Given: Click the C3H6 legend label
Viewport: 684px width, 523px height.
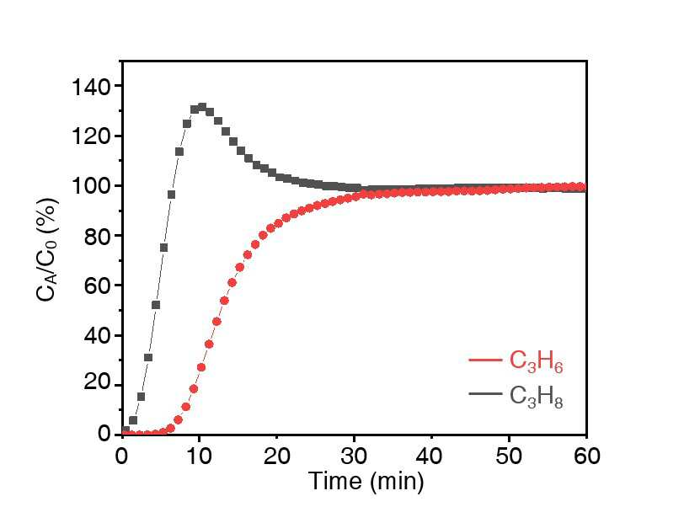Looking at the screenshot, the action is click(x=536, y=362).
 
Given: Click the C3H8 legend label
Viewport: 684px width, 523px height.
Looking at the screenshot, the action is click(x=536, y=397).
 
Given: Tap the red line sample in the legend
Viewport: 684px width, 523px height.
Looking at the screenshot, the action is click(x=485, y=360).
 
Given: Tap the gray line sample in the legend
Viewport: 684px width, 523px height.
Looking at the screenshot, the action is click(x=485, y=393).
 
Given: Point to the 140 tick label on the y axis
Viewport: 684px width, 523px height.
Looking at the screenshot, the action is click(x=90, y=87).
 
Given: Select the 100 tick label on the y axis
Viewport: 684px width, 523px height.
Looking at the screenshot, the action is click(x=90, y=186).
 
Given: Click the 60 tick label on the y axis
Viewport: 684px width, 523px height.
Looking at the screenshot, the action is click(x=97, y=286).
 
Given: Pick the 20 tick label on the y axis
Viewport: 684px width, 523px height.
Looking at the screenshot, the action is click(x=97, y=385).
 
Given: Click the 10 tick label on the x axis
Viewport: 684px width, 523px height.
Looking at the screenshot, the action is click(x=199, y=456).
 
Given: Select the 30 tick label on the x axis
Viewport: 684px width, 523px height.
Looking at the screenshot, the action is click(x=354, y=456).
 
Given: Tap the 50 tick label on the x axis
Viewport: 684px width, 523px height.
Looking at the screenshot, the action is click(x=509, y=456).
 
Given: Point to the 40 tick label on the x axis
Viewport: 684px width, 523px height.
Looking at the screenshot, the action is click(x=431, y=456).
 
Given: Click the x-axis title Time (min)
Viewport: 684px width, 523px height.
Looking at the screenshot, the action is click(x=366, y=481).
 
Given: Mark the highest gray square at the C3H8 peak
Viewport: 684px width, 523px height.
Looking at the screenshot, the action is click(x=202, y=107).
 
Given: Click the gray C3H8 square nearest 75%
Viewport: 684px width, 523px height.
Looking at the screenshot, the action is click(x=163, y=248).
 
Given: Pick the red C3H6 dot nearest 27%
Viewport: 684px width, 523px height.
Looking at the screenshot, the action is click(x=201, y=367).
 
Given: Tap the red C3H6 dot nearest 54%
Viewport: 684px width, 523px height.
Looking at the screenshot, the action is click(x=224, y=301).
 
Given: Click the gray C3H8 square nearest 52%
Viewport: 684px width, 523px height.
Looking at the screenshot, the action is click(x=156, y=305).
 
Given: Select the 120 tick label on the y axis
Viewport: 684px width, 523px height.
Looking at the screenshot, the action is click(x=90, y=136).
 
